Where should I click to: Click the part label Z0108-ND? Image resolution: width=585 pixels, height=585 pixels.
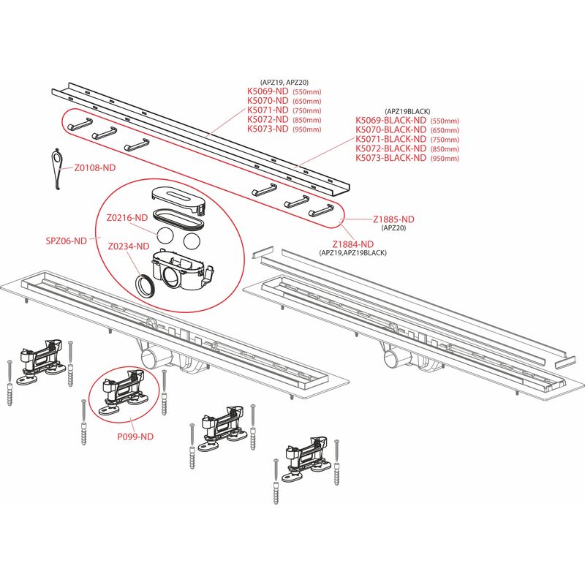point(94,167)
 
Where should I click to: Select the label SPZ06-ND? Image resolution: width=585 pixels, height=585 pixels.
point(67,241)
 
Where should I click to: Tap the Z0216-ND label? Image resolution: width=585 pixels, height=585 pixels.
point(127,217)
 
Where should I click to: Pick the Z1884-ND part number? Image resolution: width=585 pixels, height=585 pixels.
point(353,244)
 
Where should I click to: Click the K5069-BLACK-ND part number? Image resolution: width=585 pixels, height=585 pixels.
point(391,120)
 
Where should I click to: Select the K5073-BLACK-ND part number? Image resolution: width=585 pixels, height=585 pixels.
point(391,158)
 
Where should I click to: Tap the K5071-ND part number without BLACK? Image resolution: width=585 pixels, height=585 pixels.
point(268,110)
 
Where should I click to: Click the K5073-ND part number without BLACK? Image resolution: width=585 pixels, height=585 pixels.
point(268,129)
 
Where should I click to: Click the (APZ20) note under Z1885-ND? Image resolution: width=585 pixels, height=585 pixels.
point(396,228)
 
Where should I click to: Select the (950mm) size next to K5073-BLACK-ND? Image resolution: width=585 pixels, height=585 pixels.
point(445,159)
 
